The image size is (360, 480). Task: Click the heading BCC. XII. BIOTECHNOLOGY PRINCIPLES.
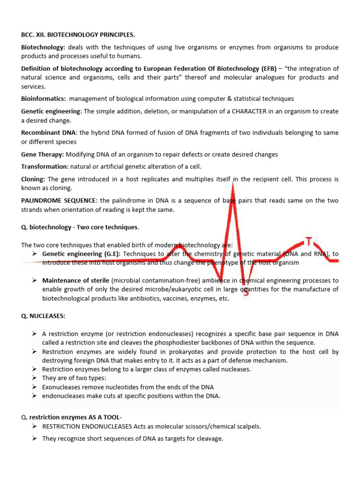tap(78, 35)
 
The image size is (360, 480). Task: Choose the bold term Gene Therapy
tap(42, 154)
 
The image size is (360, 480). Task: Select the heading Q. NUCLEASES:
tap(43, 316)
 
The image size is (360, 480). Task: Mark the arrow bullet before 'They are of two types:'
tap(35, 378)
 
